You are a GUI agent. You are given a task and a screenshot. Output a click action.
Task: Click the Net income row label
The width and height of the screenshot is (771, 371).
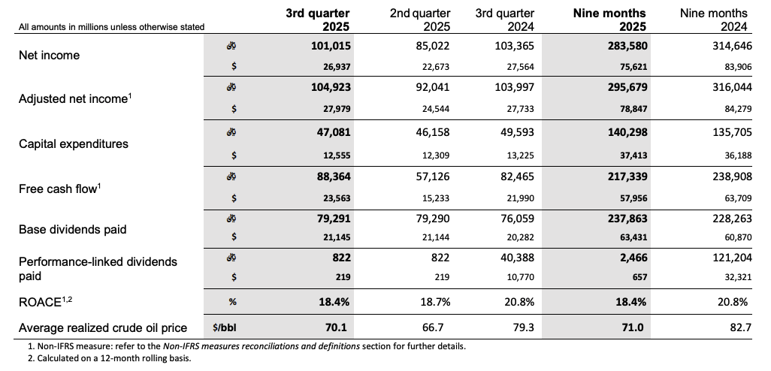49,56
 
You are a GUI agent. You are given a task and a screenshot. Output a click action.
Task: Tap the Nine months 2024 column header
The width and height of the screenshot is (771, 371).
713,20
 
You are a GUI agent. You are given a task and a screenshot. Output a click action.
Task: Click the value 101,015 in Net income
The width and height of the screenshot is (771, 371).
331,46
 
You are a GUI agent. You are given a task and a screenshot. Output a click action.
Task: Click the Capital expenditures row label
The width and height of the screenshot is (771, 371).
73,143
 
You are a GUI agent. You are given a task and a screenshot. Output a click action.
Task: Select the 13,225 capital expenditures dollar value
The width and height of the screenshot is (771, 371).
517,155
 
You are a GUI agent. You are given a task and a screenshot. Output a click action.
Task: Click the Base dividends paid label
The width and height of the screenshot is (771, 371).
72,229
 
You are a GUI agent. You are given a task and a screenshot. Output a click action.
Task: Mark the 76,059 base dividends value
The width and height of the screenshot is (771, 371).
515,222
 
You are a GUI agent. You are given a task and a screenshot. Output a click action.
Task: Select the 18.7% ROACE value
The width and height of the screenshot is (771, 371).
434,301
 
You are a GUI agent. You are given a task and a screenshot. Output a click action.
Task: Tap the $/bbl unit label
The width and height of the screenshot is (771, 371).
225,327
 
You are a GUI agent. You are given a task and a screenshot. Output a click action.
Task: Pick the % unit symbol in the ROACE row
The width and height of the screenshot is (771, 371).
234,301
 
